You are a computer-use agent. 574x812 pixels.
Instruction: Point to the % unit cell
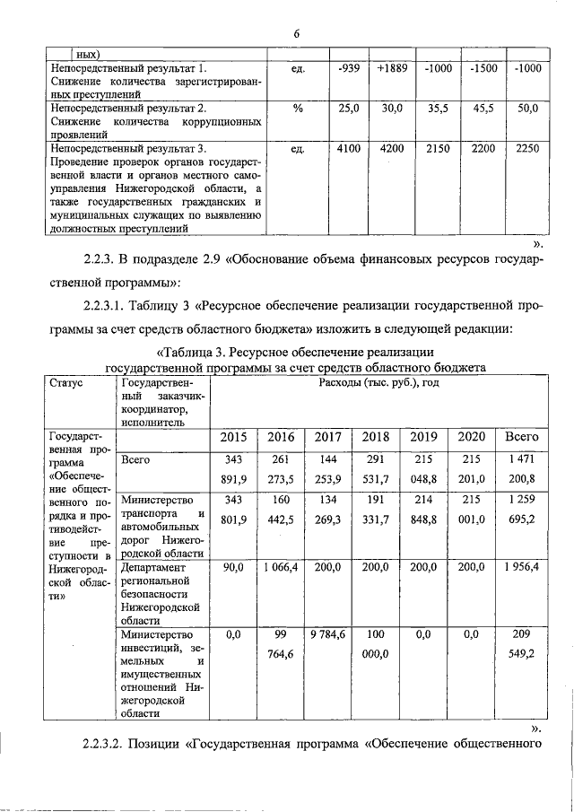coord(297,108)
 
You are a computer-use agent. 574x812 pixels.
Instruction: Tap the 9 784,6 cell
coord(328,635)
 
